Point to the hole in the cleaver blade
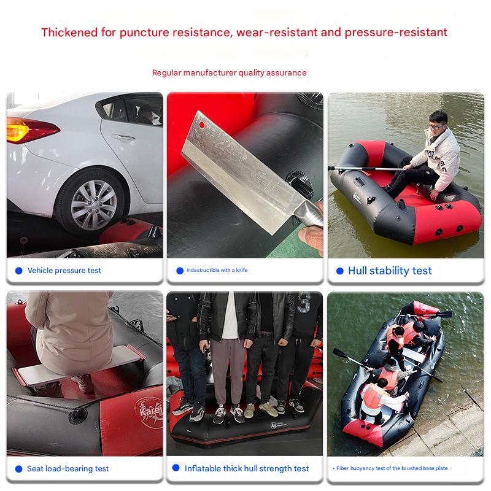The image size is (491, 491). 202,125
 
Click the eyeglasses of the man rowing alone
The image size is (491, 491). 435,126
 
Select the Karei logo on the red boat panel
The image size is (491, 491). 150,411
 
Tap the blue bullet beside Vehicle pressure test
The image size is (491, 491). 19,271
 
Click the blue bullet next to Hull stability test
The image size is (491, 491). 340,271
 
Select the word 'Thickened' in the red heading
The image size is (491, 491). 69,33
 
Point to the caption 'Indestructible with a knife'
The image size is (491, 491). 217,270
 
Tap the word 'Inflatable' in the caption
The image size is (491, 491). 203,468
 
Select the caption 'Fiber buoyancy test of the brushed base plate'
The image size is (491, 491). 392,468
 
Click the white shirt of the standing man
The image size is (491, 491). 230,315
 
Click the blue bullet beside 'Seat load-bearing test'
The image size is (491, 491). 19,469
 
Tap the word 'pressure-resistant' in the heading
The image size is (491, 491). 396,33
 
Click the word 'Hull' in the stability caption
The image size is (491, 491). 357,271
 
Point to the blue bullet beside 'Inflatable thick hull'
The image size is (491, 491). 176,468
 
